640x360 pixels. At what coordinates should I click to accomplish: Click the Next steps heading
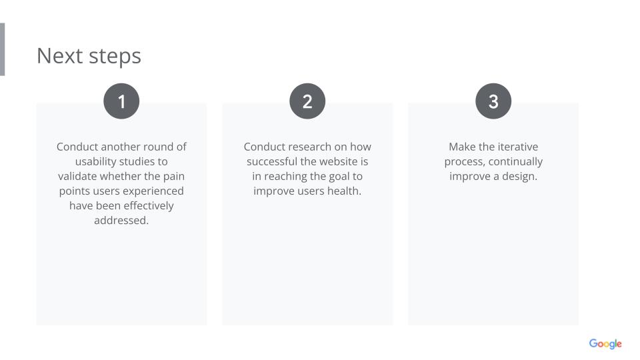pos(89,56)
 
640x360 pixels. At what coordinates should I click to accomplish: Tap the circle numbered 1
pos(121,101)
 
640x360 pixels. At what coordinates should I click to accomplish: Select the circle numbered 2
pos(307,101)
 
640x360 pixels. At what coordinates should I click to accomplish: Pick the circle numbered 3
pos(493,101)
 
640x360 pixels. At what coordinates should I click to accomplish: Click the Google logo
pos(605,344)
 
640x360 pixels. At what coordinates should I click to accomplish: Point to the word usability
pos(96,162)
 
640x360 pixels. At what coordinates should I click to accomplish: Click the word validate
pos(77,176)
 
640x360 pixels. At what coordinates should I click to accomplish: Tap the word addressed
pos(121,221)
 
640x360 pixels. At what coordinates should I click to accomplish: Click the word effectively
pos(149,206)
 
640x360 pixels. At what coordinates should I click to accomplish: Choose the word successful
pos(272,161)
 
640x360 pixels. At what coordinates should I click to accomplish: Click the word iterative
pos(517,147)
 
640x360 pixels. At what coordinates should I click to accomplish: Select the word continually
pos(515,162)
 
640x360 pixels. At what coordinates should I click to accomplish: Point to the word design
pos(519,177)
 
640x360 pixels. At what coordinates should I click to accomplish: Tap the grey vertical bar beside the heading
pos(2,49)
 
